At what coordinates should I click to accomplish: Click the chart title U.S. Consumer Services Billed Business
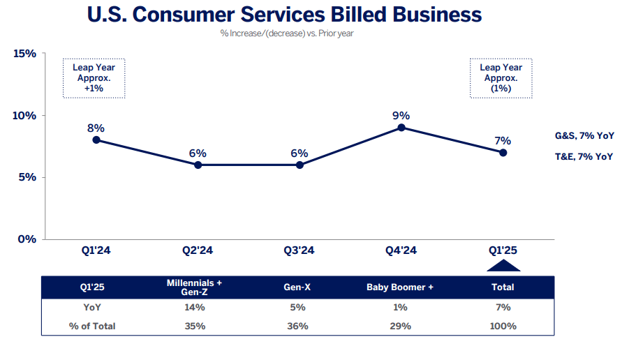[284, 15]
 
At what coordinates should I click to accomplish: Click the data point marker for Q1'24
[96, 140]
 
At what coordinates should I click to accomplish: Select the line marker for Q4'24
[401, 128]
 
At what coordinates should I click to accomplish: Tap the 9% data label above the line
[401, 115]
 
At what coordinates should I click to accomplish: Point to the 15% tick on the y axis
[24, 54]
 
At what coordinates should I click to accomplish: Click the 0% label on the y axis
[27, 239]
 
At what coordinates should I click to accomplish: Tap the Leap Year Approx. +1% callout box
[94, 77]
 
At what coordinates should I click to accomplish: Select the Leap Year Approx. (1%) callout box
[501, 77]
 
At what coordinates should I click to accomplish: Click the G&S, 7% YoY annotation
[584, 137]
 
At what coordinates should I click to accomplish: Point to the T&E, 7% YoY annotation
[584, 156]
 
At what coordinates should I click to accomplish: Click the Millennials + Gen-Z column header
[195, 287]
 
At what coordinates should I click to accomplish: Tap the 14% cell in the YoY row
[195, 307]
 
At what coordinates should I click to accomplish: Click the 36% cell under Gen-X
[297, 326]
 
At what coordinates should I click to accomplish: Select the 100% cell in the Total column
[503, 326]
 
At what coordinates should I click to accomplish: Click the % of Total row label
[93, 326]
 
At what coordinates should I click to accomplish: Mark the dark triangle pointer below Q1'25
[503, 265]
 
